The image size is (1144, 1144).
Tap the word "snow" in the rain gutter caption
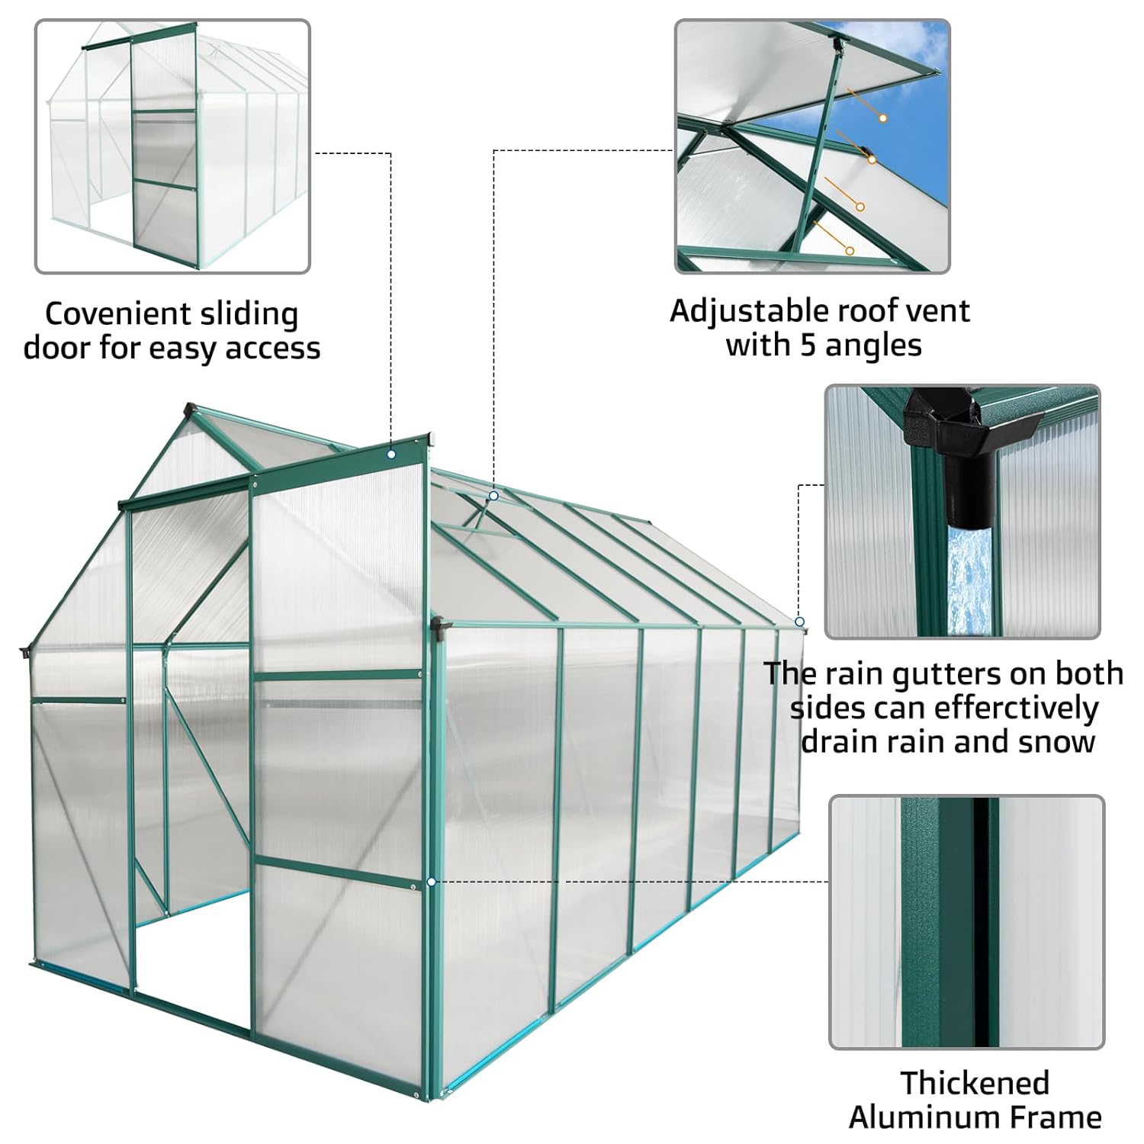pos(1056,741)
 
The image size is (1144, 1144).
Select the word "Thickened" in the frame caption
pos(975,1083)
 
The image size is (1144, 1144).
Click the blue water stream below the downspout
pos(971,580)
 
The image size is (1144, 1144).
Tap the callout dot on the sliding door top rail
pos(391,455)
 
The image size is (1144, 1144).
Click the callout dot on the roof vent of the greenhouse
pos(493,496)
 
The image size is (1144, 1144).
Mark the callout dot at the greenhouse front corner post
pos(432,882)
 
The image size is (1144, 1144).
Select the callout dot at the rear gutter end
pos(799,622)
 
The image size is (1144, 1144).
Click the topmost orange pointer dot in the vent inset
pos(882,118)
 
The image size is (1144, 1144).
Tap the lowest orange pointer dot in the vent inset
pos(849,250)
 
